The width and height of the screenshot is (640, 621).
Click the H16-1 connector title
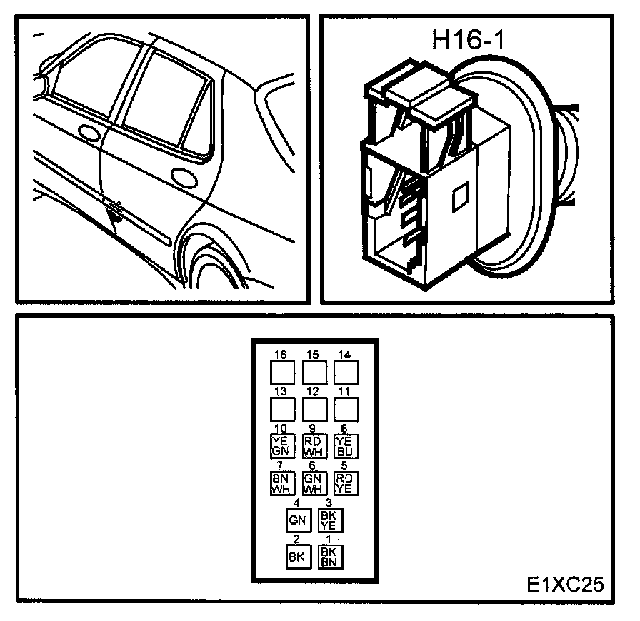(469, 39)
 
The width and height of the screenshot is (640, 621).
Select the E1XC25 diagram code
(565, 584)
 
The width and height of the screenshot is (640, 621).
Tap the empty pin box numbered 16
(282, 372)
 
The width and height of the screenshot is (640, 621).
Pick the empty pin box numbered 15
(314, 372)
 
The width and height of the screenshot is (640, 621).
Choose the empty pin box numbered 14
(346, 372)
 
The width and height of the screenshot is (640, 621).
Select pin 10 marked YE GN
(279, 445)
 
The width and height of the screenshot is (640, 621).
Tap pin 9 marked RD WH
(313, 446)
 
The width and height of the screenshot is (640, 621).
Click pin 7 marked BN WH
(279, 483)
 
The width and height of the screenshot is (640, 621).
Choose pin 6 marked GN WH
(313, 483)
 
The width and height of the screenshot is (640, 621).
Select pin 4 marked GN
(298, 520)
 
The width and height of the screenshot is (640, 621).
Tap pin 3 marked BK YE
(330, 520)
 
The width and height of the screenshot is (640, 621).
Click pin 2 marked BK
(298, 557)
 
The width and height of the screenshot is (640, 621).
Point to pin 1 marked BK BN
(330, 557)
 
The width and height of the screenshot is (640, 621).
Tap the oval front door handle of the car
(88, 133)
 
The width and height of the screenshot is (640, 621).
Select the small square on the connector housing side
(460, 197)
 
